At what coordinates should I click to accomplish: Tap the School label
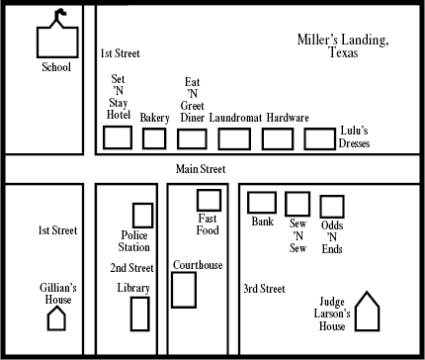(x=56, y=67)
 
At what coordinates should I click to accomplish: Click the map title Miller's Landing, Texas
(x=343, y=46)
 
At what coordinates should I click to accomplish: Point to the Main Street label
(x=201, y=169)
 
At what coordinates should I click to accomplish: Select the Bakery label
(x=154, y=118)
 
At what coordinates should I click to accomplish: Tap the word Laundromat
(x=235, y=118)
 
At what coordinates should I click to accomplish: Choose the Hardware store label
(x=288, y=118)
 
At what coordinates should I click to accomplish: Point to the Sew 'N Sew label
(x=297, y=235)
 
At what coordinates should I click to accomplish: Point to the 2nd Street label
(x=131, y=268)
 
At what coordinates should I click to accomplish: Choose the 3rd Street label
(x=264, y=289)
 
